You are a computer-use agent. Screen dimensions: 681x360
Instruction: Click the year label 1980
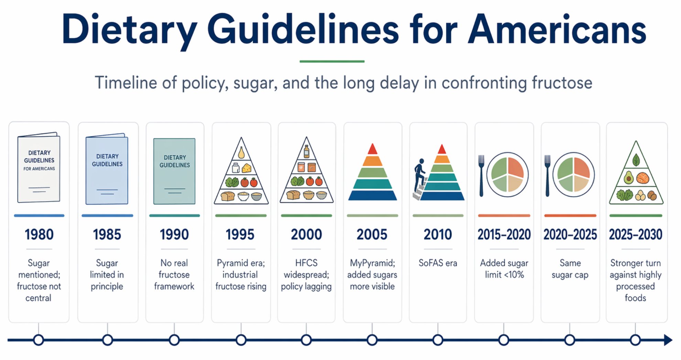point(39,235)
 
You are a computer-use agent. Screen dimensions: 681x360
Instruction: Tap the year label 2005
point(372,235)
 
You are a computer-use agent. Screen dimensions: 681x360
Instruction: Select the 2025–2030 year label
point(636,235)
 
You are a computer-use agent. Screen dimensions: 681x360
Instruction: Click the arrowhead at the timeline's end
point(668,340)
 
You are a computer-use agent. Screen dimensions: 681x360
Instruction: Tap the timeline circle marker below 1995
point(241,340)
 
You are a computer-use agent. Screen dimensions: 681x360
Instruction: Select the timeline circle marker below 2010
point(438,340)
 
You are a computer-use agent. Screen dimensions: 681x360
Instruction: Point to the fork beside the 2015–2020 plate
point(481,176)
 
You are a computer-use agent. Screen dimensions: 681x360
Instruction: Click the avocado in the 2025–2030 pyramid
point(628,178)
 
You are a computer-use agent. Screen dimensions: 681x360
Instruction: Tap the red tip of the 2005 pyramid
point(372,149)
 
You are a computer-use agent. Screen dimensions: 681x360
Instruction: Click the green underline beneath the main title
point(332,61)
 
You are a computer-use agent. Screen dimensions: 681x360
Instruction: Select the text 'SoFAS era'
point(438,263)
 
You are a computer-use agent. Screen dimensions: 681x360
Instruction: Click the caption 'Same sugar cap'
point(570,269)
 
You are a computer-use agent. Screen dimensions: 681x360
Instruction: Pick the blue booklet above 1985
point(107,169)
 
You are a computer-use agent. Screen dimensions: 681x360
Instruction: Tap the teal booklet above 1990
point(174,171)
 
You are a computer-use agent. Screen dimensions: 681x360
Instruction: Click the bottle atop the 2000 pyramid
point(306,151)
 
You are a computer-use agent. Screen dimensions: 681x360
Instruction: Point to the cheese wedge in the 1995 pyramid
point(247,168)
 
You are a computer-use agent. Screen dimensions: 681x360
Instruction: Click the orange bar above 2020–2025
point(570,215)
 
